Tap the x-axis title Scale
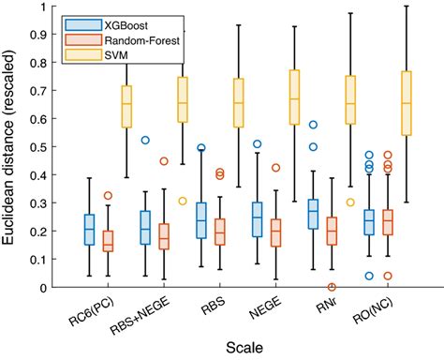(x=247, y=347)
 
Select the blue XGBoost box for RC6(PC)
(x=89, y=230)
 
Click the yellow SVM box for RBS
(x=238, y=103)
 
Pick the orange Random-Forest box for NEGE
(x=275, y=232)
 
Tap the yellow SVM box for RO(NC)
(x=406, y=103)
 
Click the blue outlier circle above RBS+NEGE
(x=145, y=140)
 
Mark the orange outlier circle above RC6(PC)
(x=108, y=196)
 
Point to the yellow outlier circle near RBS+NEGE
(x=183, y=201)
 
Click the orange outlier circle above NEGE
(x=275, y=168)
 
